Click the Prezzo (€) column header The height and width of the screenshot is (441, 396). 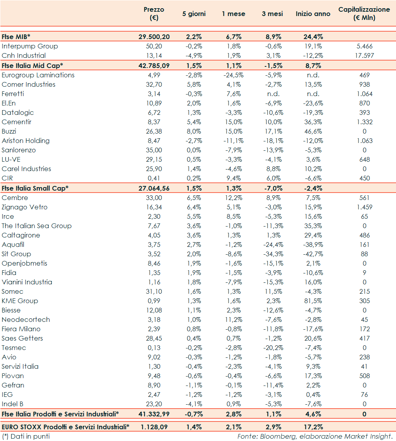point(154,14)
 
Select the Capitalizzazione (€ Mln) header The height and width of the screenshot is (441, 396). point(364,14)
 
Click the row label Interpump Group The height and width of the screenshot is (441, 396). point(30,46)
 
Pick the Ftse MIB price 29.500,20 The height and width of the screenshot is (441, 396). point(154,37)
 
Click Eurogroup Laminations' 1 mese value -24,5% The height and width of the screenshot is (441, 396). point(233,75)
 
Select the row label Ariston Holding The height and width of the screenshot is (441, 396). point(26,141)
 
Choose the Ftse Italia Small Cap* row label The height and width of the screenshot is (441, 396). point(35,188)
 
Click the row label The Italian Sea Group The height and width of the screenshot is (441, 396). point(37,226)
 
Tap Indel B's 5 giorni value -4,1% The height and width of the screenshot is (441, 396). point(194,404)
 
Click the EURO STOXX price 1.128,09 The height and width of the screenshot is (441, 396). point(154,427)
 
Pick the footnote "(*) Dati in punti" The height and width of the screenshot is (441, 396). point(26,436)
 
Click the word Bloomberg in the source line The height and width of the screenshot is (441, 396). point(281,436)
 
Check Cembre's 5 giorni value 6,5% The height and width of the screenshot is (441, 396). point(194,198)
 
